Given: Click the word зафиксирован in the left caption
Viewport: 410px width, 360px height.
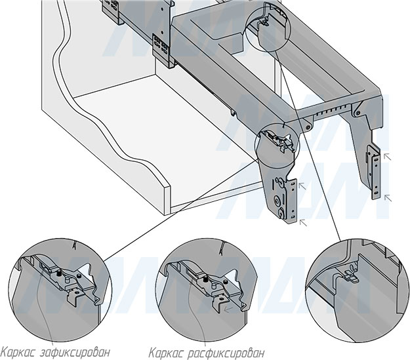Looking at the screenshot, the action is coord(75,352).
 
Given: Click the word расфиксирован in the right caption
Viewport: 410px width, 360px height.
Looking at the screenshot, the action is coord(226,353).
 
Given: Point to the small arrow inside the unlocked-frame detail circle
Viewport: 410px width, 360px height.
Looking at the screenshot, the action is coord(228,310).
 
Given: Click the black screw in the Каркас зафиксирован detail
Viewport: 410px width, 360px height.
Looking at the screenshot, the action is coord(59,275).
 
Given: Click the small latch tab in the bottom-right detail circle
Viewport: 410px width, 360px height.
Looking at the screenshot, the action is coord(351,276).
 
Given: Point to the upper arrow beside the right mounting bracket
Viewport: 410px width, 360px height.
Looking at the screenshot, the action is coord(388,157).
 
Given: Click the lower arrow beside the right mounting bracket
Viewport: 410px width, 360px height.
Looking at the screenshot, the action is coord(388,198).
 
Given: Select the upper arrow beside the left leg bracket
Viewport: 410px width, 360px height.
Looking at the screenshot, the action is coord(302,186).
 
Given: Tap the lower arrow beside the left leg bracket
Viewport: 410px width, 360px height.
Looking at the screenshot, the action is coord(303,222).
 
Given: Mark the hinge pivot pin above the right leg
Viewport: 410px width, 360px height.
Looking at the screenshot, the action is coord(357,113).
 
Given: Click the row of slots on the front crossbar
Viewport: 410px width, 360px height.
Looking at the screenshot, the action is coord(332,111).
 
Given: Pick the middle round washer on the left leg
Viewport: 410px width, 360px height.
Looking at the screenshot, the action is coord(277,201).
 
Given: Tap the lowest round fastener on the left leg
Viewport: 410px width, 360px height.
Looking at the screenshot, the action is coord(281,213).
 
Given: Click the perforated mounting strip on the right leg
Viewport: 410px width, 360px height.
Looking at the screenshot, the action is coord(375,173).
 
